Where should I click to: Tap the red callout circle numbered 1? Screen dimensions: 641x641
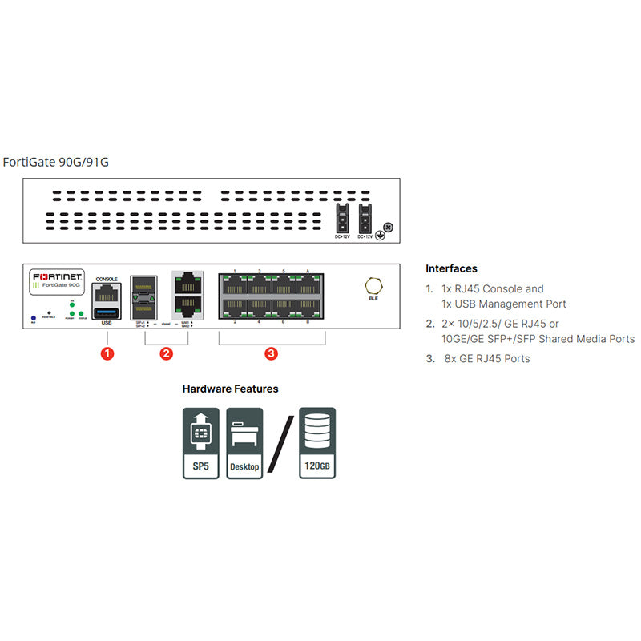tap(107, 353)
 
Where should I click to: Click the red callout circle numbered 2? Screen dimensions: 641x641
tap(166, 353)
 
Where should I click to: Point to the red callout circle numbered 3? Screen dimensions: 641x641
tap(272, 353)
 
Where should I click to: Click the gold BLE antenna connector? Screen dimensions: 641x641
tap(373, 286)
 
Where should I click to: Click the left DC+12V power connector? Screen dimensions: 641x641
tap(342, 217)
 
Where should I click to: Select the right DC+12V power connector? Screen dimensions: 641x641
tap(365, 217)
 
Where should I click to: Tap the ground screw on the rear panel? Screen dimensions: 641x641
tap(389, 228)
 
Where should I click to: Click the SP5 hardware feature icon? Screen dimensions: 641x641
tap(201, 444)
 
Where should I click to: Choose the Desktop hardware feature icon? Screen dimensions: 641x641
tap(244, 444)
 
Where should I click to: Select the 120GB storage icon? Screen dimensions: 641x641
tap(316, 444)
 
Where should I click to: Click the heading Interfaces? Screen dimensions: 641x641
tap(451, 268)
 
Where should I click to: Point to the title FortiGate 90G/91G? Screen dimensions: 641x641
tap(56, 162)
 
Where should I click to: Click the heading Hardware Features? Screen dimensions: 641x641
tap(230, 389)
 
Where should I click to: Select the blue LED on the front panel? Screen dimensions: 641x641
tap(32, 318)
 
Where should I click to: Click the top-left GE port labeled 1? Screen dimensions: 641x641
tap(236, 284)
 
